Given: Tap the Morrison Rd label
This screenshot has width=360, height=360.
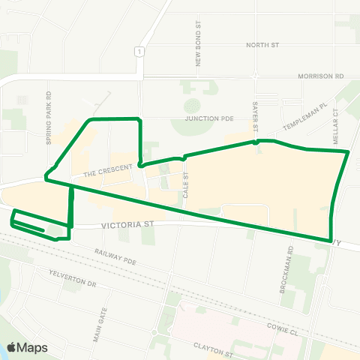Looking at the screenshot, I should point(319,76).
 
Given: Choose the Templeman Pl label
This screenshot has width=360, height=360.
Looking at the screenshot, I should point(305,117).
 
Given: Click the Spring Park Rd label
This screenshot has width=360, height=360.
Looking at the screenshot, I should point(48,118).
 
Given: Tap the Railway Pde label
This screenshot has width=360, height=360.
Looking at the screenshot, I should point(117,257).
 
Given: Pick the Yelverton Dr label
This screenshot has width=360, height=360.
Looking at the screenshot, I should point(72,279).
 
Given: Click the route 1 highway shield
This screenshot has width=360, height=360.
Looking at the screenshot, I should point(139,50).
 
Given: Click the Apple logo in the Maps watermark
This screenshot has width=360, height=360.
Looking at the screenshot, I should point(12,347).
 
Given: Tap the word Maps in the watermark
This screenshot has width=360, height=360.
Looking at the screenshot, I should point(33,347).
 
